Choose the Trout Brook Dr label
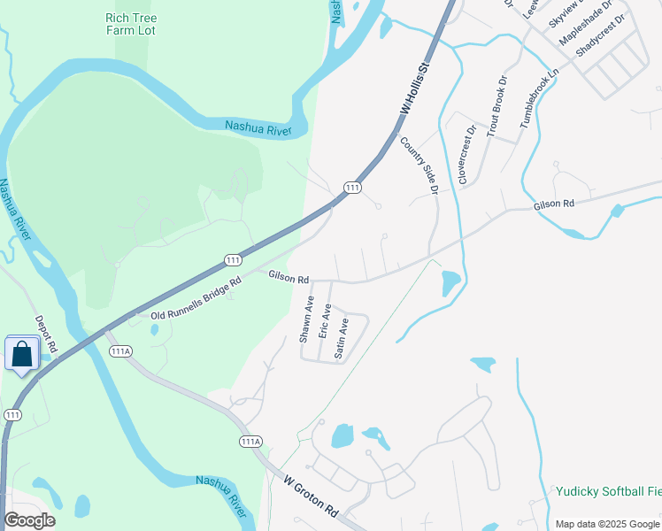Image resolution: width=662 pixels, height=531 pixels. [x=498, y=103]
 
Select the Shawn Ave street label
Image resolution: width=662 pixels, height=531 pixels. [x=305, y=319]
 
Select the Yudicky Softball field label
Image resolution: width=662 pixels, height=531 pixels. [x=608, y=491]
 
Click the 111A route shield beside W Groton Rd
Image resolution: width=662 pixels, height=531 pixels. [x=250, y=441]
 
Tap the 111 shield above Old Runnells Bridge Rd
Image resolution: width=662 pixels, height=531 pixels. [x=233, y=259]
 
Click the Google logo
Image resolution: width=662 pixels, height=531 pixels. [x=29, y=520]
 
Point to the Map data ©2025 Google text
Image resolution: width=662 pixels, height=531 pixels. [x=606, y=524]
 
